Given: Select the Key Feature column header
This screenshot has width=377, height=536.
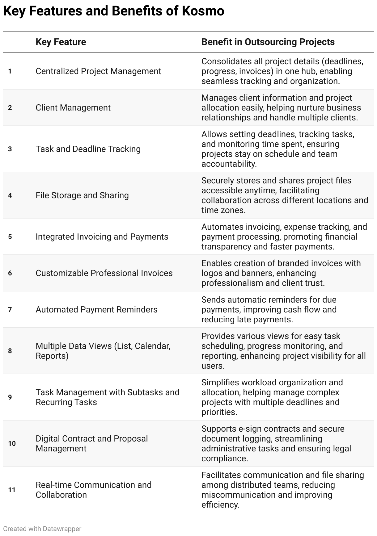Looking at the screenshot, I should pyautogui.click(x=61, y=42).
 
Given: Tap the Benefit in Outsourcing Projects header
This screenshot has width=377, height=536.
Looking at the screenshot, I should pyautogui.click(x=268, y=42).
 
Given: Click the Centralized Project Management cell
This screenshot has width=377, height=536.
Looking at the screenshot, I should pyautogui.click(x=98, y=71).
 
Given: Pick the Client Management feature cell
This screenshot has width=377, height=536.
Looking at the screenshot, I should pyautogui.click(x=73, y=108).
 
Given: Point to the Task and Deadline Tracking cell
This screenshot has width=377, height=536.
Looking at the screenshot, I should pyautogui.click(x=88, y=149).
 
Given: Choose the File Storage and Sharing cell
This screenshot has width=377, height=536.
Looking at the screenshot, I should pyautogui.click(x=82, y=195).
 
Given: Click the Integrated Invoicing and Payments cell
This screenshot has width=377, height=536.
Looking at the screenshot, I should pyautogui.click(x=102, y=237).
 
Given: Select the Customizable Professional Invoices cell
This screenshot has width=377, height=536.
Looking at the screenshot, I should pyautogui.click(x=104, y=273).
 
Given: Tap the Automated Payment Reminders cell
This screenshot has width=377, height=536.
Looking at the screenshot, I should pyautogui.click(x=96, y=310).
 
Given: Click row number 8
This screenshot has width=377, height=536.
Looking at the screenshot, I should pyautogui.click(x=10, y=351).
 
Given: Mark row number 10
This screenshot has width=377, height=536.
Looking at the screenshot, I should pyautogui.click(x=12, y=444).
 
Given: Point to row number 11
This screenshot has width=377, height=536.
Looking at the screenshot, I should pyautogui.click(x=12, y=490).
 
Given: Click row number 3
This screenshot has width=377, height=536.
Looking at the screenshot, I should pyautogui.click(x=10, y=149).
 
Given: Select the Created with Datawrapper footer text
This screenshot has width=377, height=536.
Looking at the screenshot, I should pyautogui.click(x=42, y=529).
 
